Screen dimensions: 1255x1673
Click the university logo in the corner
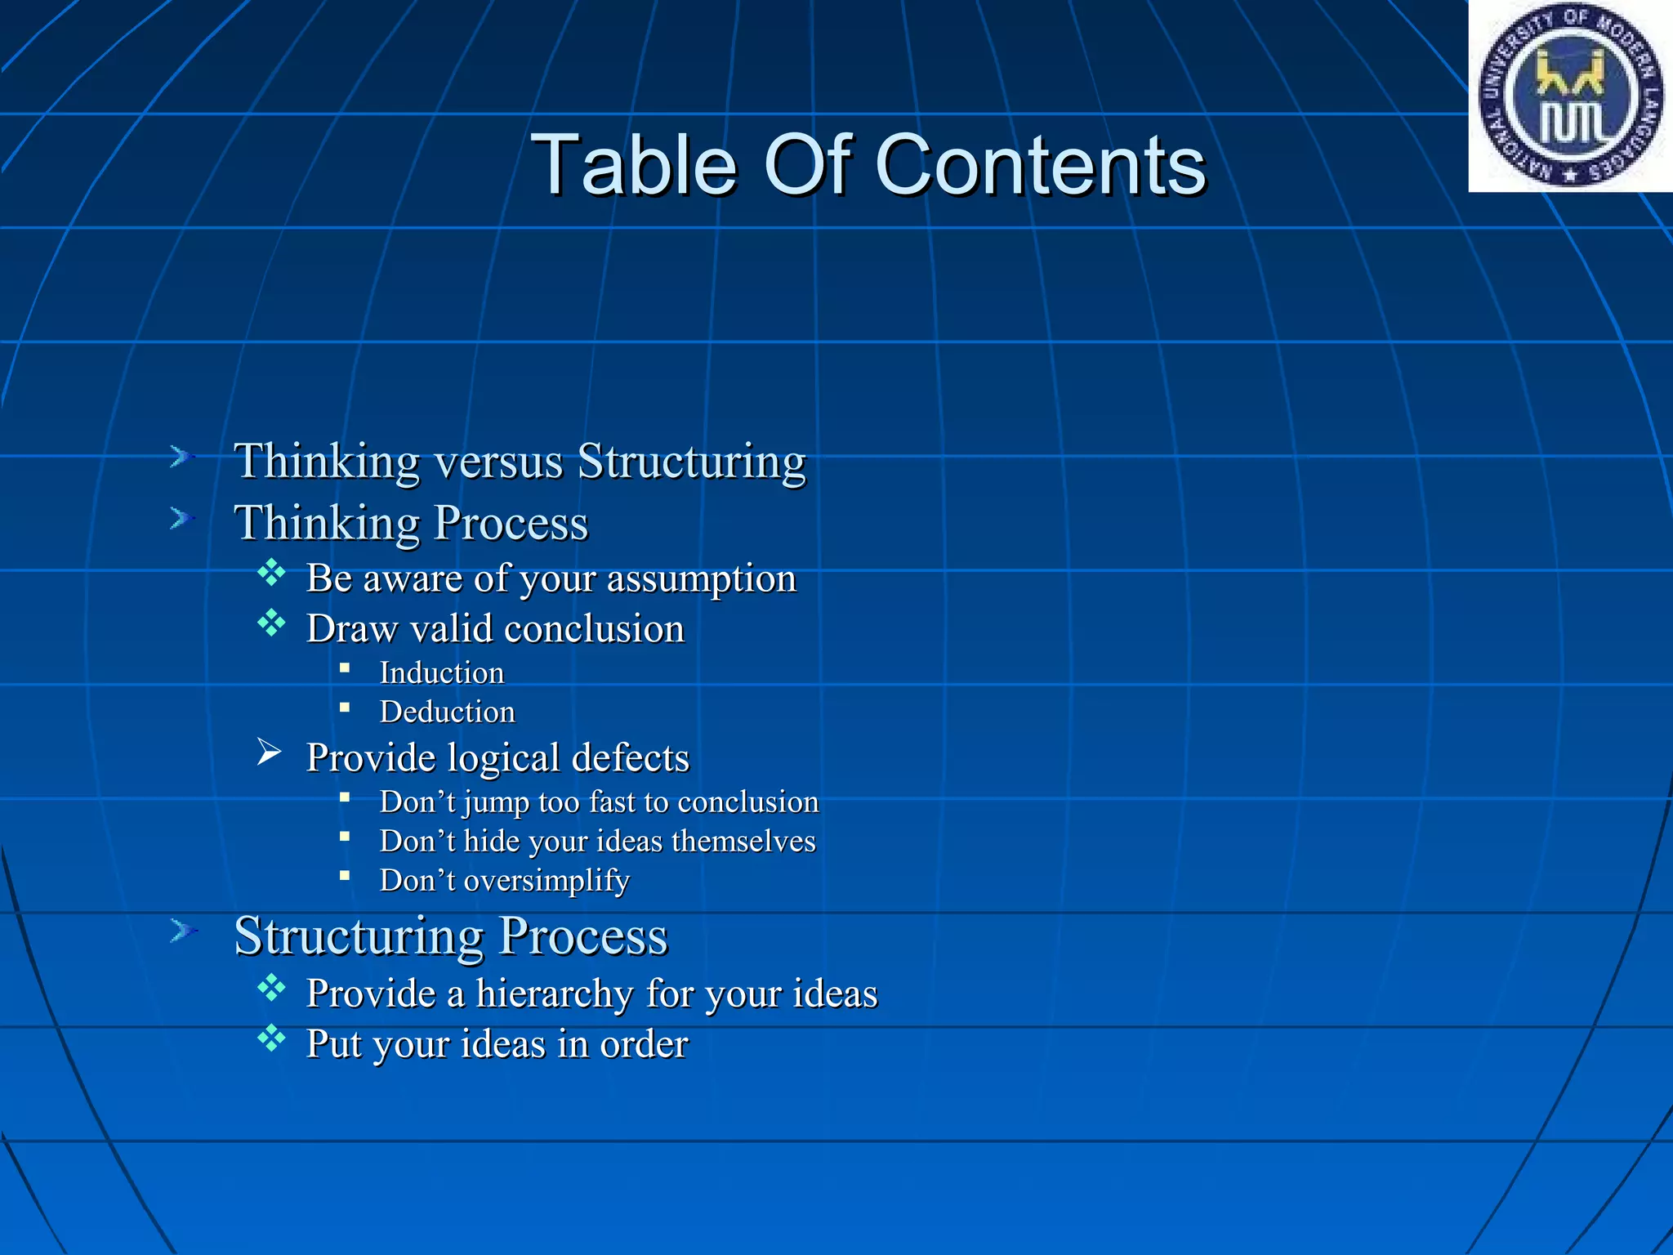[1570, 96]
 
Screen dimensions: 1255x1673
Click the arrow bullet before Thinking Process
[181, 518]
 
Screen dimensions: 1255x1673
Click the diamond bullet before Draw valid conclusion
[271, 624]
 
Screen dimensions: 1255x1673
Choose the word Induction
[442, 673]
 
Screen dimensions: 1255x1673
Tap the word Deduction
[448, 712]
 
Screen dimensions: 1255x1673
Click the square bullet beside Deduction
[345, 708]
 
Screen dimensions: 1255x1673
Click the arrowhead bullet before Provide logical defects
[269, 752]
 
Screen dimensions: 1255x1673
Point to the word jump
[497, 803]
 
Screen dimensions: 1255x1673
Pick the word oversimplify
[547, 881]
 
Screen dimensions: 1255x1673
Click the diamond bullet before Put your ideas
[271, 1039]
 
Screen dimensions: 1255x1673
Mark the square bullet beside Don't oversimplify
[345, 876]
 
